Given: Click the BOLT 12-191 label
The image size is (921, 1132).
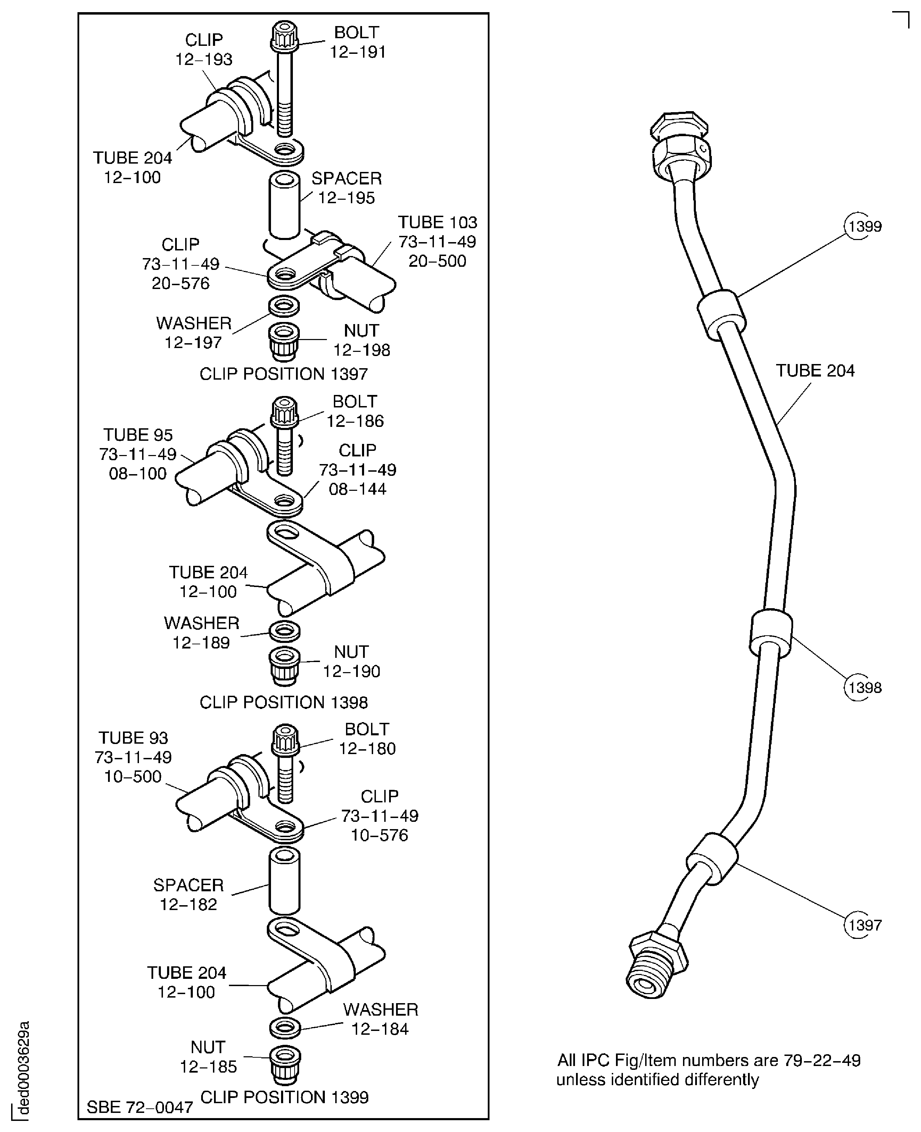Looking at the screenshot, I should tap(357, 42).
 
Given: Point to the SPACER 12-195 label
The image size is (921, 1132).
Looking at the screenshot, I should tap(346, 188).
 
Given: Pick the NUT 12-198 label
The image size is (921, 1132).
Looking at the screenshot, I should tap(361, 340).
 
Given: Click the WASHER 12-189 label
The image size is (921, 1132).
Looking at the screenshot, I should tap(201, 632).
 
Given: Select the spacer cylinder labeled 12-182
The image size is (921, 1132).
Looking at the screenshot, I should tap(285, 882).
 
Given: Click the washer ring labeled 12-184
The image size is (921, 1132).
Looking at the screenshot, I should tap(285, 1027).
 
